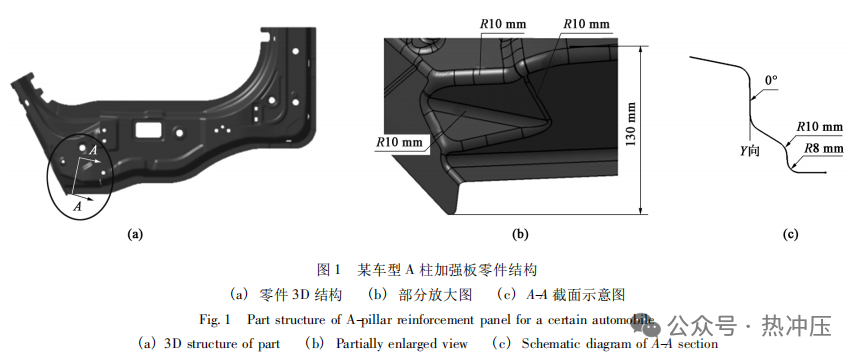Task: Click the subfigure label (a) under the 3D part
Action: (135, 235)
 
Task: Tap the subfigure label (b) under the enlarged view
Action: (520, 235)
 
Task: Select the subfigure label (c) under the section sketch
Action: (789, 235)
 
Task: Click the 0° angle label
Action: (770, 78)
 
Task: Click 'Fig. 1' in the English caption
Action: (215, 320)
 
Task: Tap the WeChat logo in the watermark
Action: (649, 326)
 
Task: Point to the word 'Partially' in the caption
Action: (367, 343)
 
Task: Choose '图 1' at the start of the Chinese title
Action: (330, 270)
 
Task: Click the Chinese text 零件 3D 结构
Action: (300, 295)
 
